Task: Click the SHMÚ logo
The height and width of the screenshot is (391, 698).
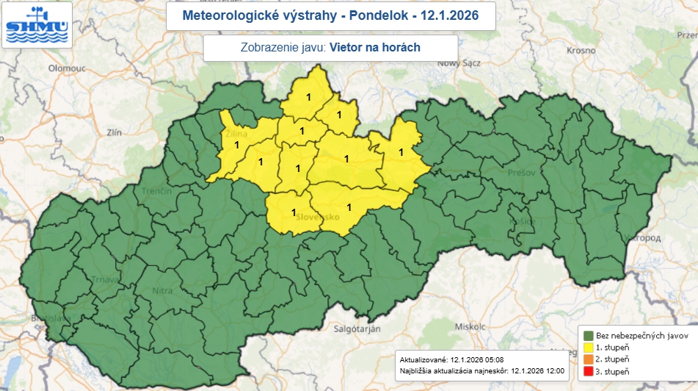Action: click(37, 25)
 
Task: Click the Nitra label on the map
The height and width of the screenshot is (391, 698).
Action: click(161, 291)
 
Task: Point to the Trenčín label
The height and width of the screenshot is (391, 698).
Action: click(157, 190)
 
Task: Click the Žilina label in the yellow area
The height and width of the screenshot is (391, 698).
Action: click(236, 134)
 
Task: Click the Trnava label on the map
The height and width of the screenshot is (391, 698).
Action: click(104, 280)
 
